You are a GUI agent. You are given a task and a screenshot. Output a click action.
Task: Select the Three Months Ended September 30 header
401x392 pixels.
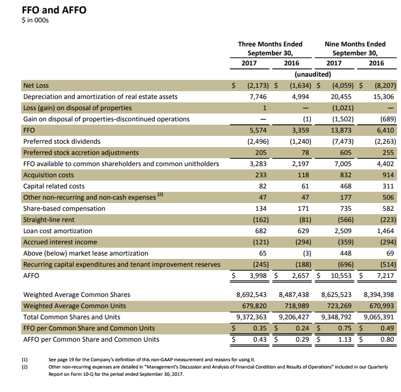coord(270,49)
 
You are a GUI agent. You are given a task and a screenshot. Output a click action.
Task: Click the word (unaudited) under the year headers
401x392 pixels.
coord(312,74)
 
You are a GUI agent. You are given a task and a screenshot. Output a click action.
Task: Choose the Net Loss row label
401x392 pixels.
coord(36,86)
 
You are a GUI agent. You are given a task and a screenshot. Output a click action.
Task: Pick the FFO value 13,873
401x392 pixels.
coord(342,130)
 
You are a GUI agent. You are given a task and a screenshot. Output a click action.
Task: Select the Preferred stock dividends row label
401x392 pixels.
coord(60,141)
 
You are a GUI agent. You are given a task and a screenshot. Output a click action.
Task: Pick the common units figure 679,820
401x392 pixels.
coord(255,305)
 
